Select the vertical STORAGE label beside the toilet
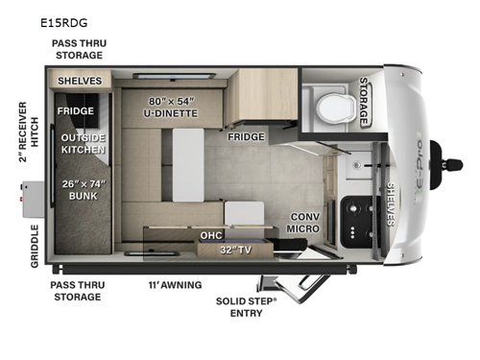click(365, 101)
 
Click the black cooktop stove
click(359, 215)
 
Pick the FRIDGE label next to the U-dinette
click(246, 137)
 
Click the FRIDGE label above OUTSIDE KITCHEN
click(74, 110)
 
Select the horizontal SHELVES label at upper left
click(79, 81)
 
